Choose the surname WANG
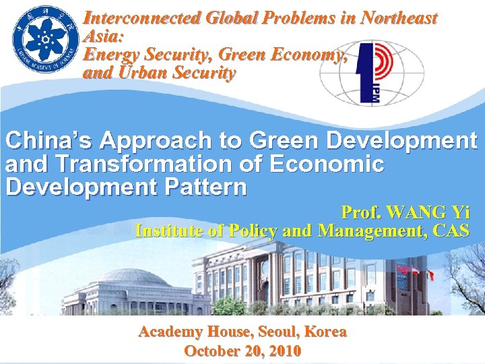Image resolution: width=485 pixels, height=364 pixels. pyautogui.click(x=412, y=212)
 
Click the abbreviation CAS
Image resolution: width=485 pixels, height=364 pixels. pyautogui.click(x=451, y=231)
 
